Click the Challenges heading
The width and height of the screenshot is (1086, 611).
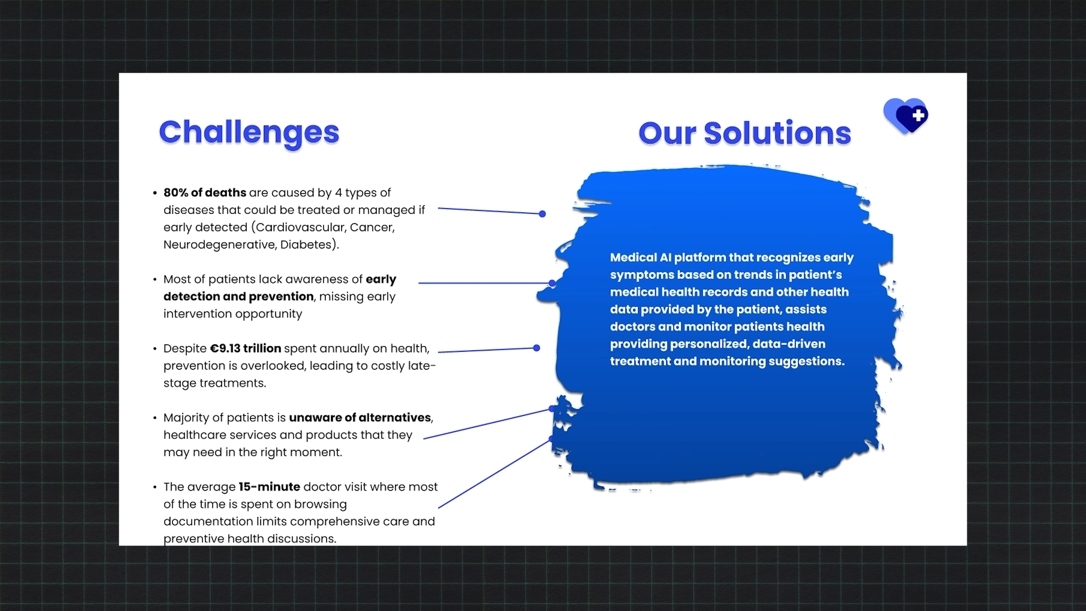[249, 133]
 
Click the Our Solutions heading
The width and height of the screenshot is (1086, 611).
[745, 133]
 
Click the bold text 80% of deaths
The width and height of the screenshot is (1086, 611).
[205, 193]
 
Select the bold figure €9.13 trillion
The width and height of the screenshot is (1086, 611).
[245, 348]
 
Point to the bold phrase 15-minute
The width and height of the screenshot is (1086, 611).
[270, 487]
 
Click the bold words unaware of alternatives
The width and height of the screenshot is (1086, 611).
[360, 418]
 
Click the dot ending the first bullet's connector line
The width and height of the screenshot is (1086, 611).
[542, 214]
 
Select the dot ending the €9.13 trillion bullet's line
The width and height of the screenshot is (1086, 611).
[536, 348]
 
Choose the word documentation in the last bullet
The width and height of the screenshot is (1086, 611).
[209, 521]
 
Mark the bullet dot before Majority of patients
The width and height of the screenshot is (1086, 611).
[155, 418]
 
